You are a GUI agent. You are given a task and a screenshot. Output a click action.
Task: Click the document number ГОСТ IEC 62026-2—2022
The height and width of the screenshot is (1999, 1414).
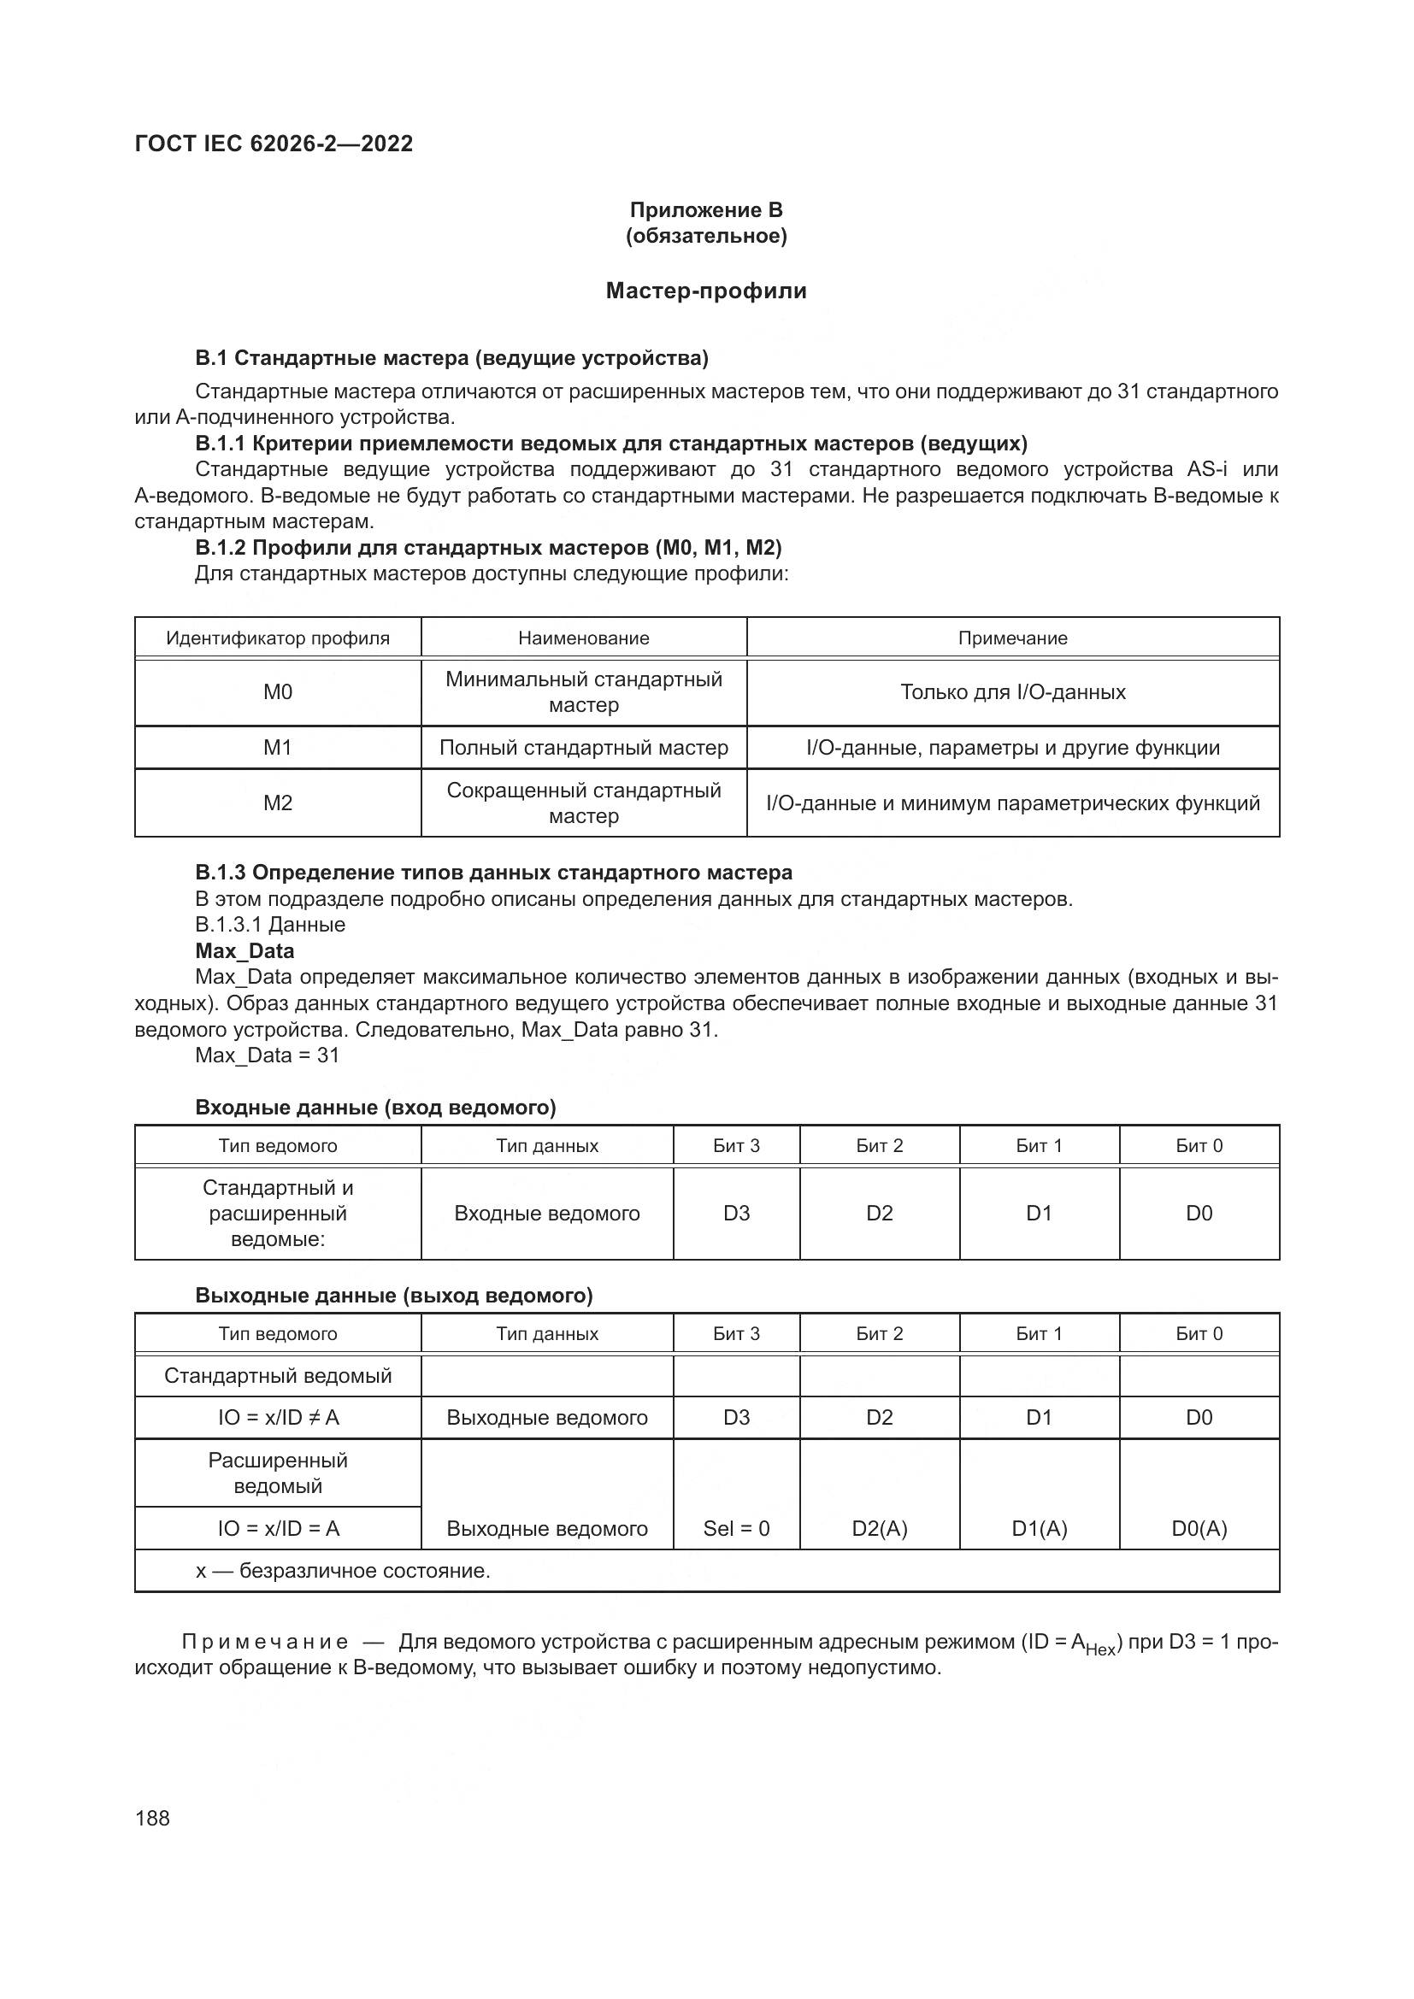point(274,144)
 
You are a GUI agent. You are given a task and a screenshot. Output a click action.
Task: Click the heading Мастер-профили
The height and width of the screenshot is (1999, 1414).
point(706,291)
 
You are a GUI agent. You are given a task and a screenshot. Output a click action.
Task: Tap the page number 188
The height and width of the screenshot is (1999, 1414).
point(152,1818)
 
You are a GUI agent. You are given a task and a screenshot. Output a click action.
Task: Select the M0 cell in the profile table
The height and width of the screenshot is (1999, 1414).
point(278,692)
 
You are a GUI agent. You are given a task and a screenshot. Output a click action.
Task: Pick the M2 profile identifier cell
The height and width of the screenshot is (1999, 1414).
point(278,803)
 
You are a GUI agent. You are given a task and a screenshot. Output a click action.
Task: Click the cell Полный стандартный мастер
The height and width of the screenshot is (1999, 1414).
point(583,748)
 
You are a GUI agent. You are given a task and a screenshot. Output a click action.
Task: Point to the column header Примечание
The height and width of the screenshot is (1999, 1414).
point(1012,638)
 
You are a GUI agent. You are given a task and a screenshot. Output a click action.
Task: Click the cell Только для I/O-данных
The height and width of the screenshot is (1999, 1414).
point(1012,692)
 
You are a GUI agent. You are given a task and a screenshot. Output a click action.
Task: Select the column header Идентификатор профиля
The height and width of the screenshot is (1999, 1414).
point(278,638)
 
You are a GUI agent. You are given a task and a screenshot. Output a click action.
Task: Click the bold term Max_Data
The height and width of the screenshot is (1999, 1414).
point(245,950)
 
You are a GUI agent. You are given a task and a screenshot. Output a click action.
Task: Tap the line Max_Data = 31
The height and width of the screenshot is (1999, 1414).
point(268,1055)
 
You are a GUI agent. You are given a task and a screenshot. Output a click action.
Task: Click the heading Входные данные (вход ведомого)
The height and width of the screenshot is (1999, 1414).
point(375,1108)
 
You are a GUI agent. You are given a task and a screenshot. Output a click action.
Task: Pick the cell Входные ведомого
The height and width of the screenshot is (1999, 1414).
point(547,1214)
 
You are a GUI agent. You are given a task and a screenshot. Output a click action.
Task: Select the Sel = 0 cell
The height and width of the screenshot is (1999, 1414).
point(737,1529)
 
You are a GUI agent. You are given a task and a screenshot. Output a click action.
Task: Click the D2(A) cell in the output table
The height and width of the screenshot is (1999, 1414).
point(880,1529)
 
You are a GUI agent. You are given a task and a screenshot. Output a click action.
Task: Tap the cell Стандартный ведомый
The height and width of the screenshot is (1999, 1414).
point(278,1376)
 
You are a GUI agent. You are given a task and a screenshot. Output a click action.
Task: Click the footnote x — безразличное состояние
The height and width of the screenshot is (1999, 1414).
point(343,1571)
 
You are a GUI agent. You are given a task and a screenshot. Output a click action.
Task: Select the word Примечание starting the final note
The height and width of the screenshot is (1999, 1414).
point(265,1643)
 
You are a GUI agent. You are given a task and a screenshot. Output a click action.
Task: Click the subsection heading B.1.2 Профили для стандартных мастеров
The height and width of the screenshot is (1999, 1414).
point(487,548)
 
